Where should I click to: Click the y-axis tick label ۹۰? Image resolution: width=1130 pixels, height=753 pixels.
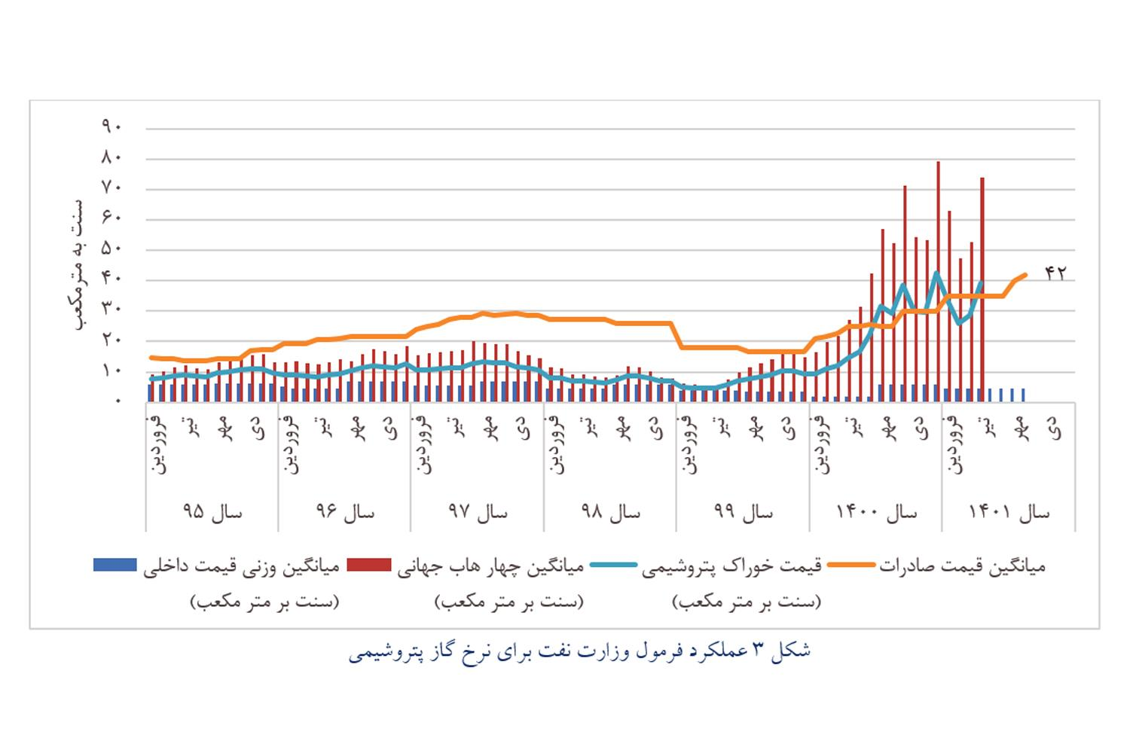[x=111, y=127]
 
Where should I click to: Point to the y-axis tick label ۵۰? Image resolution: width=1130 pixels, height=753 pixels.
[x=111, y=248]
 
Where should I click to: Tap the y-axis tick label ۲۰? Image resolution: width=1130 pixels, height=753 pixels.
[x=111, y=340]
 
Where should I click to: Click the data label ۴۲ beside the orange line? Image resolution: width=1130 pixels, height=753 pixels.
[x=1055, y=273]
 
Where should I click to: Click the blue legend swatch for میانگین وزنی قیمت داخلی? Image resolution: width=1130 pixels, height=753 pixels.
[x=115, y=565]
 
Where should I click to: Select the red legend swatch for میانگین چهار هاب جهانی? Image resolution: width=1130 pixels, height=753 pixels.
[x=369, y=565]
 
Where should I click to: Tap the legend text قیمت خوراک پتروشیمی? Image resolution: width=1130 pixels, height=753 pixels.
[x=731, y=566]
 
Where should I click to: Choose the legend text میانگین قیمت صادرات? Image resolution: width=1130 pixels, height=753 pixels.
[x=962, y=566]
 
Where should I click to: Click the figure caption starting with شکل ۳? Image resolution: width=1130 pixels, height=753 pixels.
[x=579, y=651]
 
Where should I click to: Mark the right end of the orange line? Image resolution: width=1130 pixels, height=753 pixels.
[x=1025, y=274]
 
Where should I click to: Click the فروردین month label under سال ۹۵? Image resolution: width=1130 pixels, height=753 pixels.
[x=160, y=444]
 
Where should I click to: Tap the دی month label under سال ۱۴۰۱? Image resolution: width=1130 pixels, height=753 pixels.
[x=1057, y=429]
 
